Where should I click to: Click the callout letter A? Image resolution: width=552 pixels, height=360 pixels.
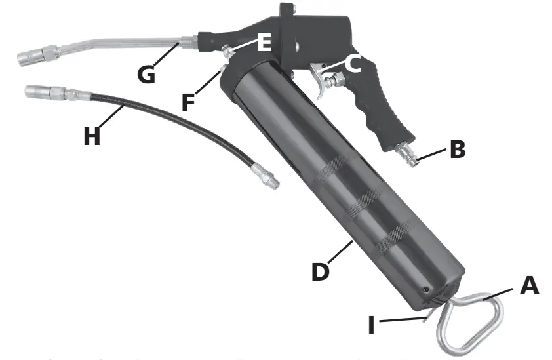tap(530, 285)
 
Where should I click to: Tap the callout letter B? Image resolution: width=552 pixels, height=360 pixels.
tap(458, 149)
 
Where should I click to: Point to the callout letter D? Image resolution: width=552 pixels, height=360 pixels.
tap(321, 271)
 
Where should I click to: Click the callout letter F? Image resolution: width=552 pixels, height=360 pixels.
tap(188, 102)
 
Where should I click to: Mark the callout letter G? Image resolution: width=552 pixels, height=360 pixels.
tap(146, 74)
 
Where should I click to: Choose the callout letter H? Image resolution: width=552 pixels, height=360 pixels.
tap(92, 136)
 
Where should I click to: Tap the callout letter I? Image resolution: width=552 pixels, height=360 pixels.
tap(371, 325)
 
